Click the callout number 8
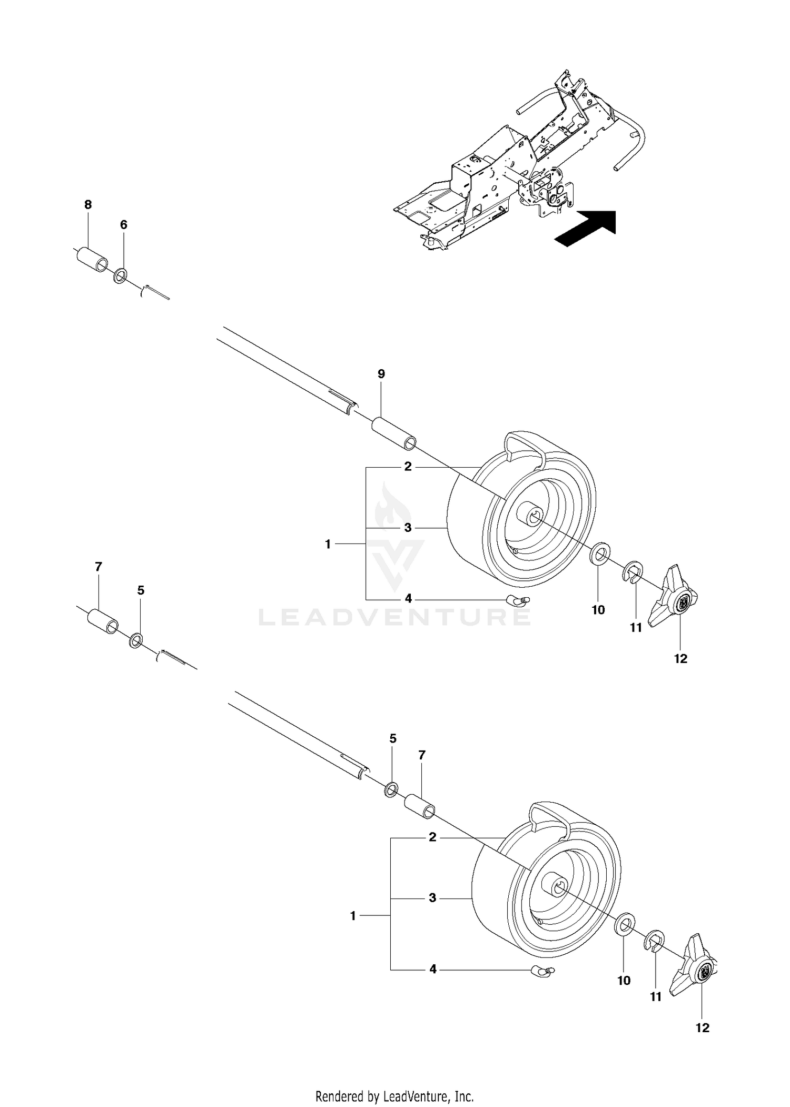pyautogui.click(x=88, y=205)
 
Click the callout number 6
pyautogui.click(x=124, y=225)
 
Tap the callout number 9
pyautogui.click(x=381, y=374)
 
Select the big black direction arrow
pyautogui.click(x=585, y=228)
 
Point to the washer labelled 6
pyautogui.click(x=121, y=275)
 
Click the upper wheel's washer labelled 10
pyautogui.click(x=599, y=555)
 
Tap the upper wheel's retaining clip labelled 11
pyautogui.click(x=631, y=573)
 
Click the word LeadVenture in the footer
pyautogui.click(x=414, y=1095)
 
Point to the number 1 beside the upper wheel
pyautogui.click(x=328, y=544)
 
